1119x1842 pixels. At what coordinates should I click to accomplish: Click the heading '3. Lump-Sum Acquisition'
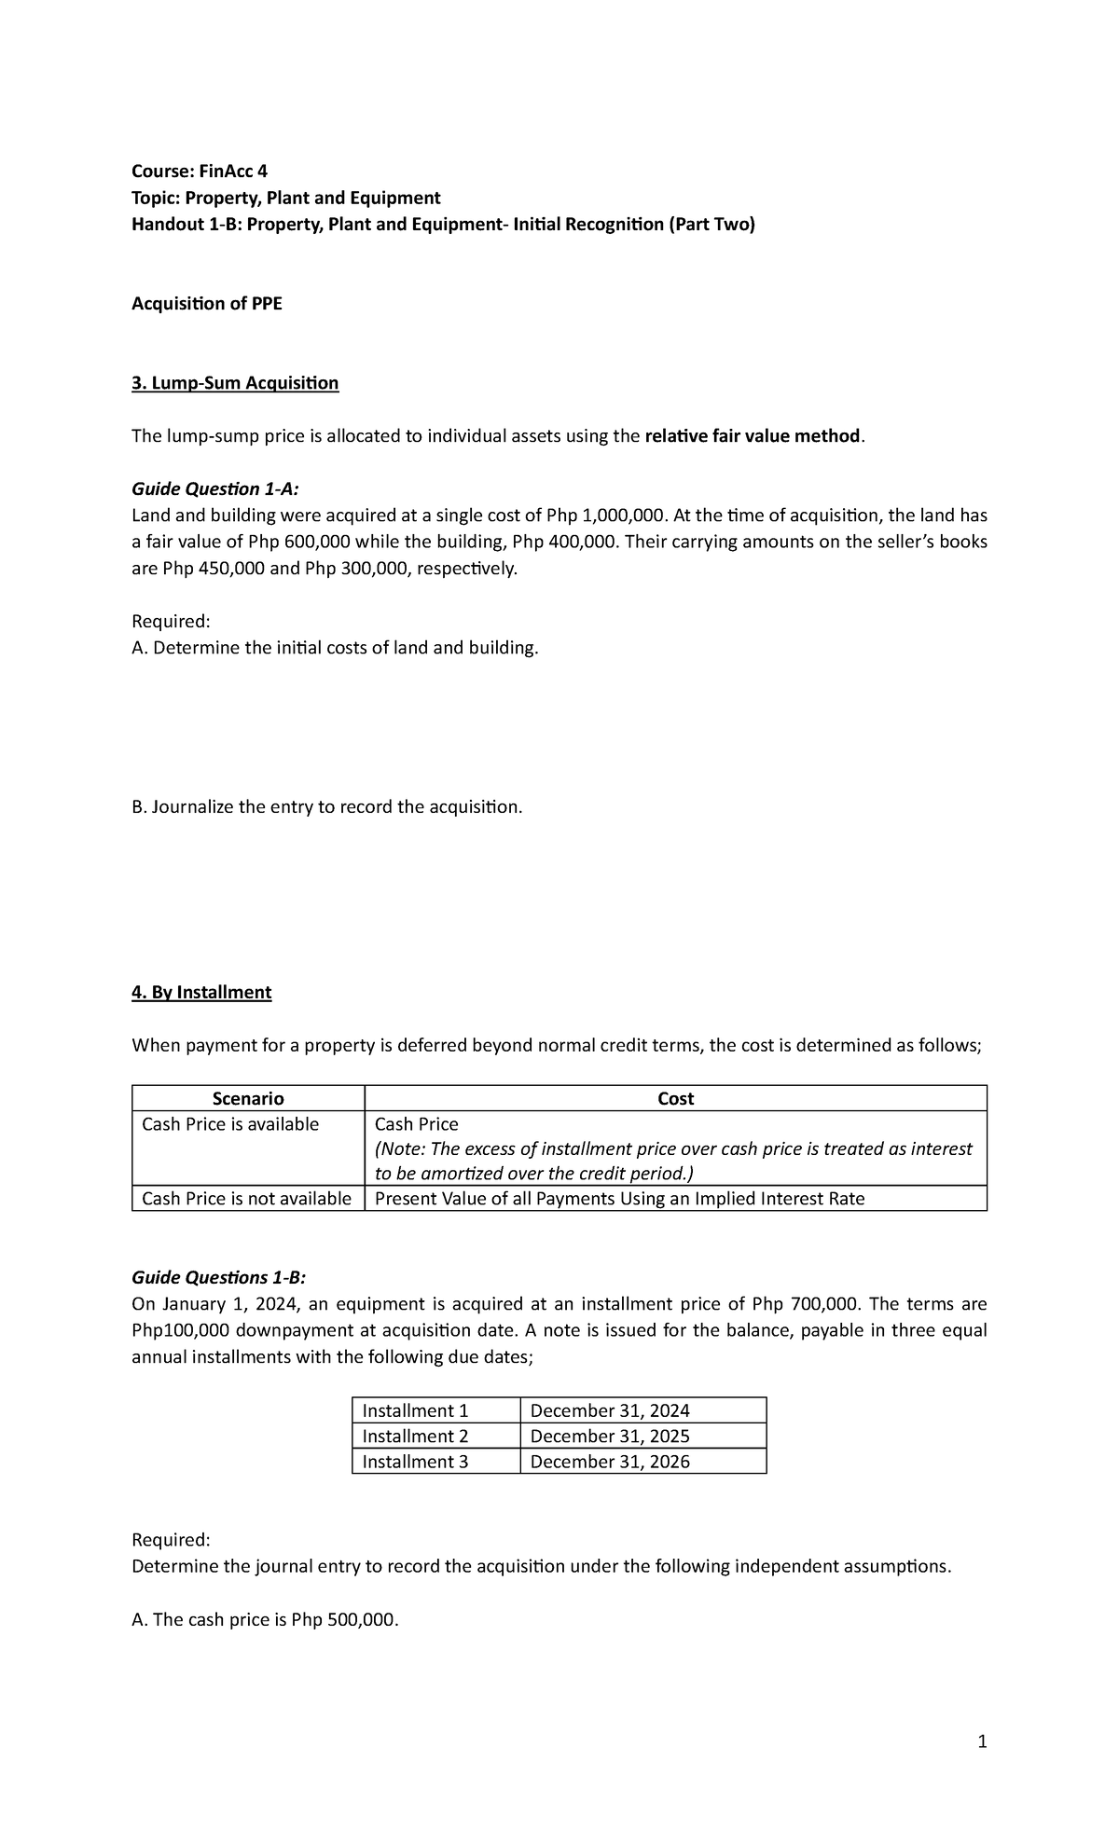click(x=235, y=383)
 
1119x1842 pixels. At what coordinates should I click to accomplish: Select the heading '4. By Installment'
click(x=201, y=992)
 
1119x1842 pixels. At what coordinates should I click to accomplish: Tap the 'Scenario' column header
click(x=248, y=1098)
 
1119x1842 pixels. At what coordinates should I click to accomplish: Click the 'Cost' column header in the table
click(x=675, y=1098)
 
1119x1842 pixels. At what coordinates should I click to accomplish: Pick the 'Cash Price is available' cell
click(x=230, y=1124)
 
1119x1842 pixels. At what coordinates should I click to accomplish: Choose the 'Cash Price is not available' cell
click(x=247, y=1199)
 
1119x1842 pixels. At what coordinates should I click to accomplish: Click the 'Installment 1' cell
click(x=416, y=1410)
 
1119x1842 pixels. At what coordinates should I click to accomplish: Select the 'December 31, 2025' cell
click(x=610, y=1436)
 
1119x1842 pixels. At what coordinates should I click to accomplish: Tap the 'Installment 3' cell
click(x=416, y=1461)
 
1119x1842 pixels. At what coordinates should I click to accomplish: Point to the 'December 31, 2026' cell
click(x=610, y=1461)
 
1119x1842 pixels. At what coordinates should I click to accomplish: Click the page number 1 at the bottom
click(x=981, y=1741)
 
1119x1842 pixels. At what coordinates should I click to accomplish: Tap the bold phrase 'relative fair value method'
click(x=752, y=436)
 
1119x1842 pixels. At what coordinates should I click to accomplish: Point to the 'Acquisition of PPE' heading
click(x=207, y=304)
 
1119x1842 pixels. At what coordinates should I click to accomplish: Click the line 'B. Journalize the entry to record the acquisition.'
click(x=327, y=806)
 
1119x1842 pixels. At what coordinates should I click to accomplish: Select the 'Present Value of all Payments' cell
click(x=619, y=1199)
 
